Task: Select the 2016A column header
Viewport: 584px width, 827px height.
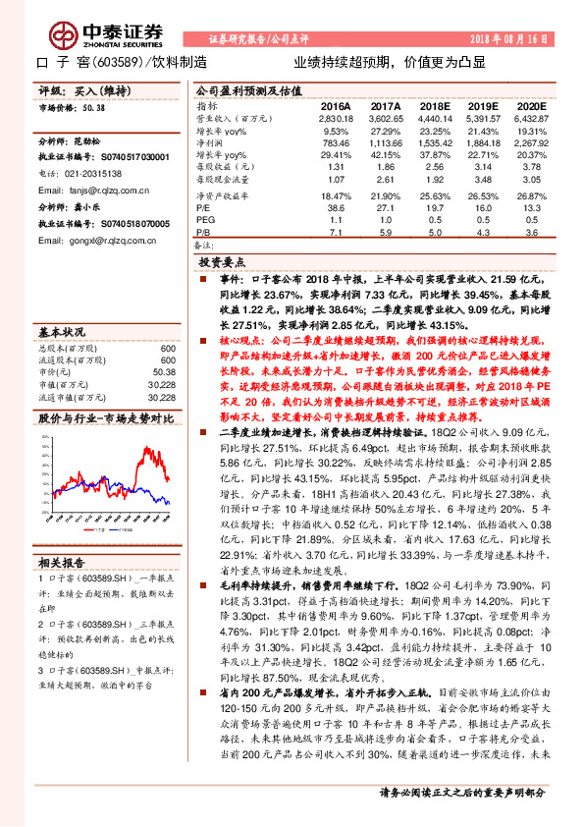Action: coord(336,104)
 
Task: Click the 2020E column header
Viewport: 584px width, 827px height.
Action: coord(530,104)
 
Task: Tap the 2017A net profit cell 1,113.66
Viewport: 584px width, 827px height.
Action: coord(384,141)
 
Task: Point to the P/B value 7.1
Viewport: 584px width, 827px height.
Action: coord(337,233)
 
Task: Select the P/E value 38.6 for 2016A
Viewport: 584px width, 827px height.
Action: coord(336,209)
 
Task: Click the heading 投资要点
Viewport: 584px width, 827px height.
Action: coord(222,263)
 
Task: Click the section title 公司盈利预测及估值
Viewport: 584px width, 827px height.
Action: coord(244,87)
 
